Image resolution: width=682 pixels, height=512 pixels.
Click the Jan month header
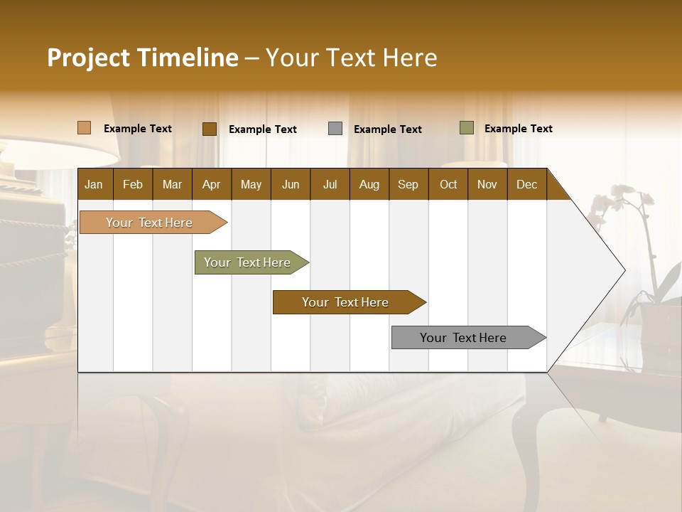(x=94, y=184)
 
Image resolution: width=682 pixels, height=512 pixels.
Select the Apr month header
(x=211, y=184)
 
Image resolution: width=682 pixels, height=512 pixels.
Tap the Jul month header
(x=330, y=184)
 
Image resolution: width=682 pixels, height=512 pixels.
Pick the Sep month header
(x=408, y=184)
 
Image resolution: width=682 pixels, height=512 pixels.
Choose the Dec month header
(x=526, y=184)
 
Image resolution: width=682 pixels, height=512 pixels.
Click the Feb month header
(x=133, y=184)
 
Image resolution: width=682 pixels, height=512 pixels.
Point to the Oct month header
(x=448, y=184)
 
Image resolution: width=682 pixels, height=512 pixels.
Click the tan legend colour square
(x=85, y=128)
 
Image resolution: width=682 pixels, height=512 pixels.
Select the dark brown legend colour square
(x=210, y=129)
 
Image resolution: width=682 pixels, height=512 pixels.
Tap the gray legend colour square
(x=335, y=129)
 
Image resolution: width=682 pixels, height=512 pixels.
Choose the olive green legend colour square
(x=467, y=128)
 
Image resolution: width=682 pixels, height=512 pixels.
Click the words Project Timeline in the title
(x=142, y=58)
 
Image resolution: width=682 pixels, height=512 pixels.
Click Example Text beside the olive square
(x=518, y=129)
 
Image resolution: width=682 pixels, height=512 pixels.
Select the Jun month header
(x=291, y=184)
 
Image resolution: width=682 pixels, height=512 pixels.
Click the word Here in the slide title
(x=409, y=58)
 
